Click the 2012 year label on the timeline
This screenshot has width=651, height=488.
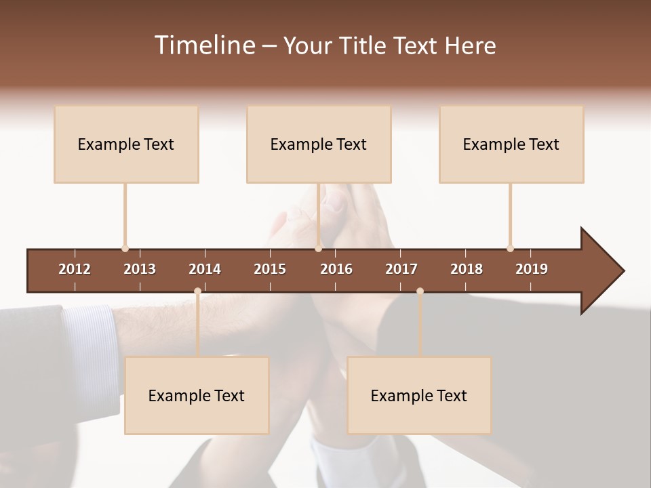pyautogui.click(x=75, y=269)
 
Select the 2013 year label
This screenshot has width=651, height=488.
pyautogui.click(x=140, y=269)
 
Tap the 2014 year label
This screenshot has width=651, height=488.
pyautogui.click(x=205, y=269)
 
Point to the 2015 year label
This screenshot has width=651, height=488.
pyautogui.click(x=270, y=269)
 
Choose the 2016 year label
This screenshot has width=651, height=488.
pyautogui.click(x=336, y=269)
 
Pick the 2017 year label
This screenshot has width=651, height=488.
pyautogui.click(x=401, y=269)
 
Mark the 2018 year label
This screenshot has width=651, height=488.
pyautogui.click(x=467, y=269)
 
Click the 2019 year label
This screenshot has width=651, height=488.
pyautogui.click(x=532, y=269)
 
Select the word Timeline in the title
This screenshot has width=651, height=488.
pyautogui.click(x=203, y=45)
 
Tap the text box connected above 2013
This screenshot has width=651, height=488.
pyautogui.click(x=126, y=144)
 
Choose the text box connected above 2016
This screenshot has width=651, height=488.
pyautogui.click(x=319, y=144)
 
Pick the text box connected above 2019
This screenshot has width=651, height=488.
pyautogui.click(x=511, y=144)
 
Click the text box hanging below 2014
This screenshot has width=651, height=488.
pyautogui.click(x=197, y=395)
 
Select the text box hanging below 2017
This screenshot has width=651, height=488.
pyautogui.click(x=419, y=395)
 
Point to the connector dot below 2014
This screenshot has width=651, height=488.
pyautogui.click(x=197, y=291)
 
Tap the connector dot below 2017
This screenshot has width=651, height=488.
pyautogui.click(x=420, y=291)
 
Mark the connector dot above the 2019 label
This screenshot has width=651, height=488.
pyautogui.click(x=510, y=248)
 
